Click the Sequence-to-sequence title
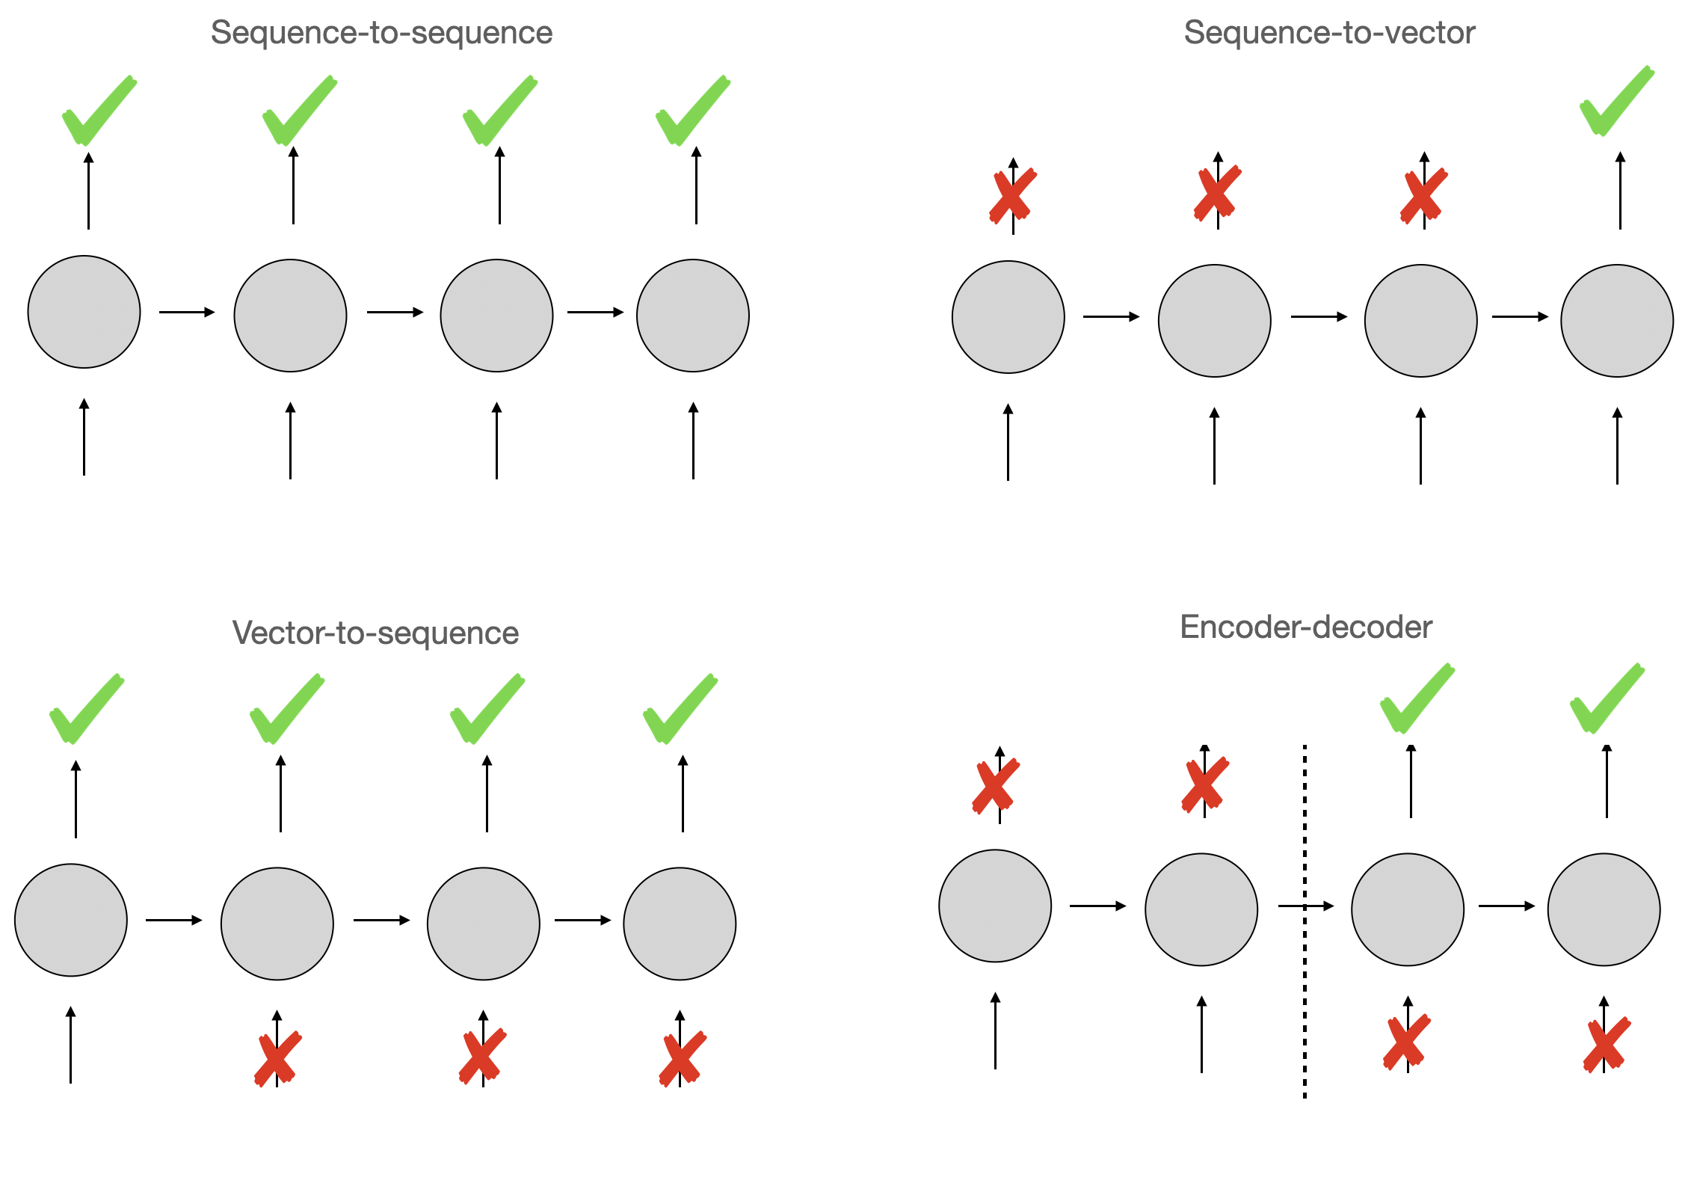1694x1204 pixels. (381, 33)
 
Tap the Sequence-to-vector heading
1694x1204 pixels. (1329, 33)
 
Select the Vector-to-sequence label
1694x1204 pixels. (375, 633)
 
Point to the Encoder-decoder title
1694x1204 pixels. (1305, 627)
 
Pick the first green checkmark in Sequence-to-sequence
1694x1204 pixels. (99, 111)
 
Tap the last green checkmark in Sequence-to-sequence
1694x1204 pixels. (692, 111)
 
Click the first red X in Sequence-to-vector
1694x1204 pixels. (1012, 196)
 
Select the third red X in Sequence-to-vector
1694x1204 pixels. (1423, 196)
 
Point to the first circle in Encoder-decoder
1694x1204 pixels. (995, 906)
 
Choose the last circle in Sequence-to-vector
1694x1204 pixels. (1617, 321)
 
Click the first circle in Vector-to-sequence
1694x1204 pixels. (71, 920)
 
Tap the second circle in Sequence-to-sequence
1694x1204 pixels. (290, 316)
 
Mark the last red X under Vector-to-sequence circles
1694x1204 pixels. (682, 1057)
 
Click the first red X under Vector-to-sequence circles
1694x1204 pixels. (277, 1058)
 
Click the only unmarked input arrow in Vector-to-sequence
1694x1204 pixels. (71, 1045)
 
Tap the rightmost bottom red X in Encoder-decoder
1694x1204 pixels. (1606, 1044)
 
